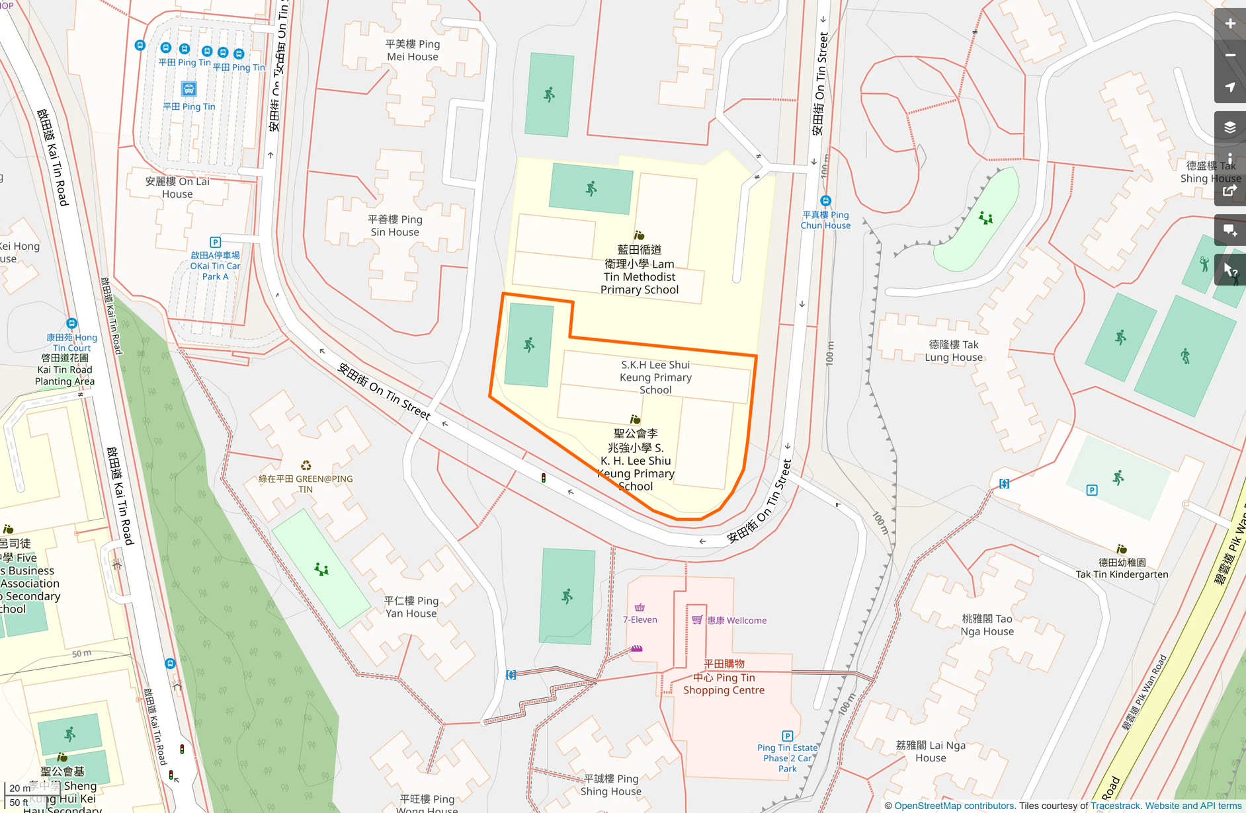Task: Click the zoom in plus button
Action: click(x=1229, y=24)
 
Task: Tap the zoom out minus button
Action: click(x=1229, y=56)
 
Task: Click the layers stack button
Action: click(x=1229, y=128)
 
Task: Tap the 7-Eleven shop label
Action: click(x=640, y=619)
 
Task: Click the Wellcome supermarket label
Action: click(x=736, y=620)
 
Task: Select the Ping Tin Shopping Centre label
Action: click(x=724, y=677)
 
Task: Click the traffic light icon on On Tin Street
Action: click(x=544, y=478)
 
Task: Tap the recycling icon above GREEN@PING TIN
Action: click(x=306, y=466)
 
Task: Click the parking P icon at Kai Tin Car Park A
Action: click(x=215, y=243)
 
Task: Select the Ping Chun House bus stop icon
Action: click(x=825, y=201)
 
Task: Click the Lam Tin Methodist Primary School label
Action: click(x=639, y=270)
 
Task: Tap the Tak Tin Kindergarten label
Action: click(x=1122, y=568)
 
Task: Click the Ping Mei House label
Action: click(x=413, y=50)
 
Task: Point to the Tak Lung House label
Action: click(x=953, y=351)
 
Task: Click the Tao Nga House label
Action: click(x=987, y=625)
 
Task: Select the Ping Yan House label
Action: click(x=411, y=607)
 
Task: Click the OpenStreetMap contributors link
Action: click(x=954, y=806)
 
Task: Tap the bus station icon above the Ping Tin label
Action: click(x=188, y=89)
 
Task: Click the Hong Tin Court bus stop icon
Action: click(x=71, y=323)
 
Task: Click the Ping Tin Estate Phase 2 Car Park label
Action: click(x=787, y=758)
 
